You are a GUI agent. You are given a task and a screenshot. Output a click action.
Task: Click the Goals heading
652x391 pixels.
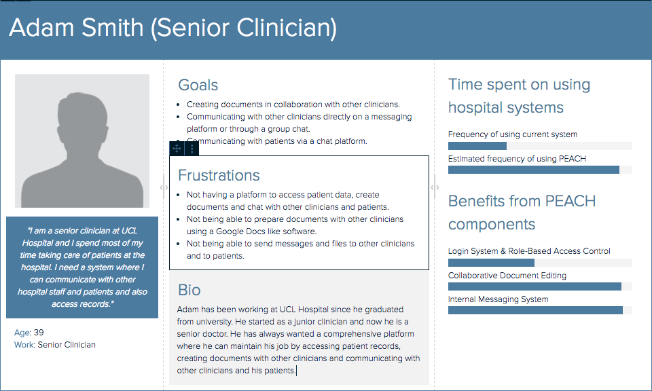pos(198,85)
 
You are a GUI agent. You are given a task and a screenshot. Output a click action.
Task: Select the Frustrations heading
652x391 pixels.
pos(219,175)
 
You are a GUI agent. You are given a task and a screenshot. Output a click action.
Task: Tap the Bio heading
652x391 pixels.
pos(189,290)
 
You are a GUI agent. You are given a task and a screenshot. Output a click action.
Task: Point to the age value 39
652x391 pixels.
pos(39,333)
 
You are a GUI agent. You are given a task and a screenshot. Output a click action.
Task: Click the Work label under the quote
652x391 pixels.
pos(24,345)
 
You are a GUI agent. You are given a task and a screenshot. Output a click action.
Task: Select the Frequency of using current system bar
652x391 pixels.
pos(477,146)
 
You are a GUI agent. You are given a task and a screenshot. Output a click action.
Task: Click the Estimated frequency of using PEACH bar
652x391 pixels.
pos(534,170)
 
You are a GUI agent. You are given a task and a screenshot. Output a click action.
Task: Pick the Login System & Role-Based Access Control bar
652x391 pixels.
pos(491,263)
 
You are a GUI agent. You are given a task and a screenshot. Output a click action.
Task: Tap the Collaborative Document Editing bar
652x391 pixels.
pos(535,286)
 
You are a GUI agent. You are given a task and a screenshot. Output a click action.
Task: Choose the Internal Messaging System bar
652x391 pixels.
pos(536,310)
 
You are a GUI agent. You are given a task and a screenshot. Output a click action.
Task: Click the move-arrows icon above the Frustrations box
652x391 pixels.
pos(177,149)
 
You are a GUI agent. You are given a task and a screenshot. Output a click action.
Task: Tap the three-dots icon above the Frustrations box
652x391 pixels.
pos(192,149)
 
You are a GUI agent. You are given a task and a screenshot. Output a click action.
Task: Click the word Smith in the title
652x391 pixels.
pos(112,28)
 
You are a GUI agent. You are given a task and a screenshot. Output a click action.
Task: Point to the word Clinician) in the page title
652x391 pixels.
pos(287,29)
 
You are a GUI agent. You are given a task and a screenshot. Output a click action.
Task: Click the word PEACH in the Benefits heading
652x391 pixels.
pos(570,202)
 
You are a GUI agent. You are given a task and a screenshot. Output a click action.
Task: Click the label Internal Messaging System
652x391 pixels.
pos(498,299)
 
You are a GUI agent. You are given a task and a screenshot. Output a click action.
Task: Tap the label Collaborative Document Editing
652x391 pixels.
pos(507,276)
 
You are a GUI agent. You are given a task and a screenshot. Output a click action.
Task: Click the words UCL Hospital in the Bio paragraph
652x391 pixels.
pos(301,310)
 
